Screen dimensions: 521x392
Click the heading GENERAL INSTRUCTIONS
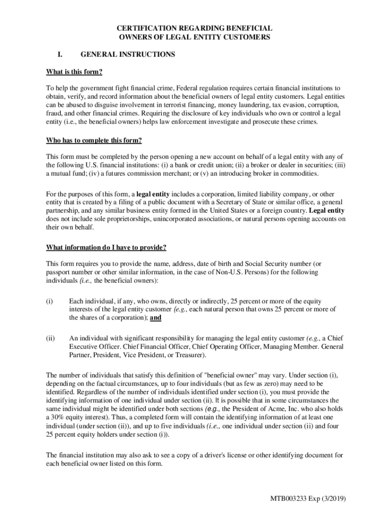click(128, 54)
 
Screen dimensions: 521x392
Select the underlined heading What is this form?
click(74, 72)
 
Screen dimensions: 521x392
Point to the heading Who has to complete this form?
click(94, 140)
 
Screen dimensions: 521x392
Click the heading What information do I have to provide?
click(106, 248)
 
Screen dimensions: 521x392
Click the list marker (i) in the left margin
click(50, 301)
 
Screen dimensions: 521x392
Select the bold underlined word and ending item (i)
click(156, 317)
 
